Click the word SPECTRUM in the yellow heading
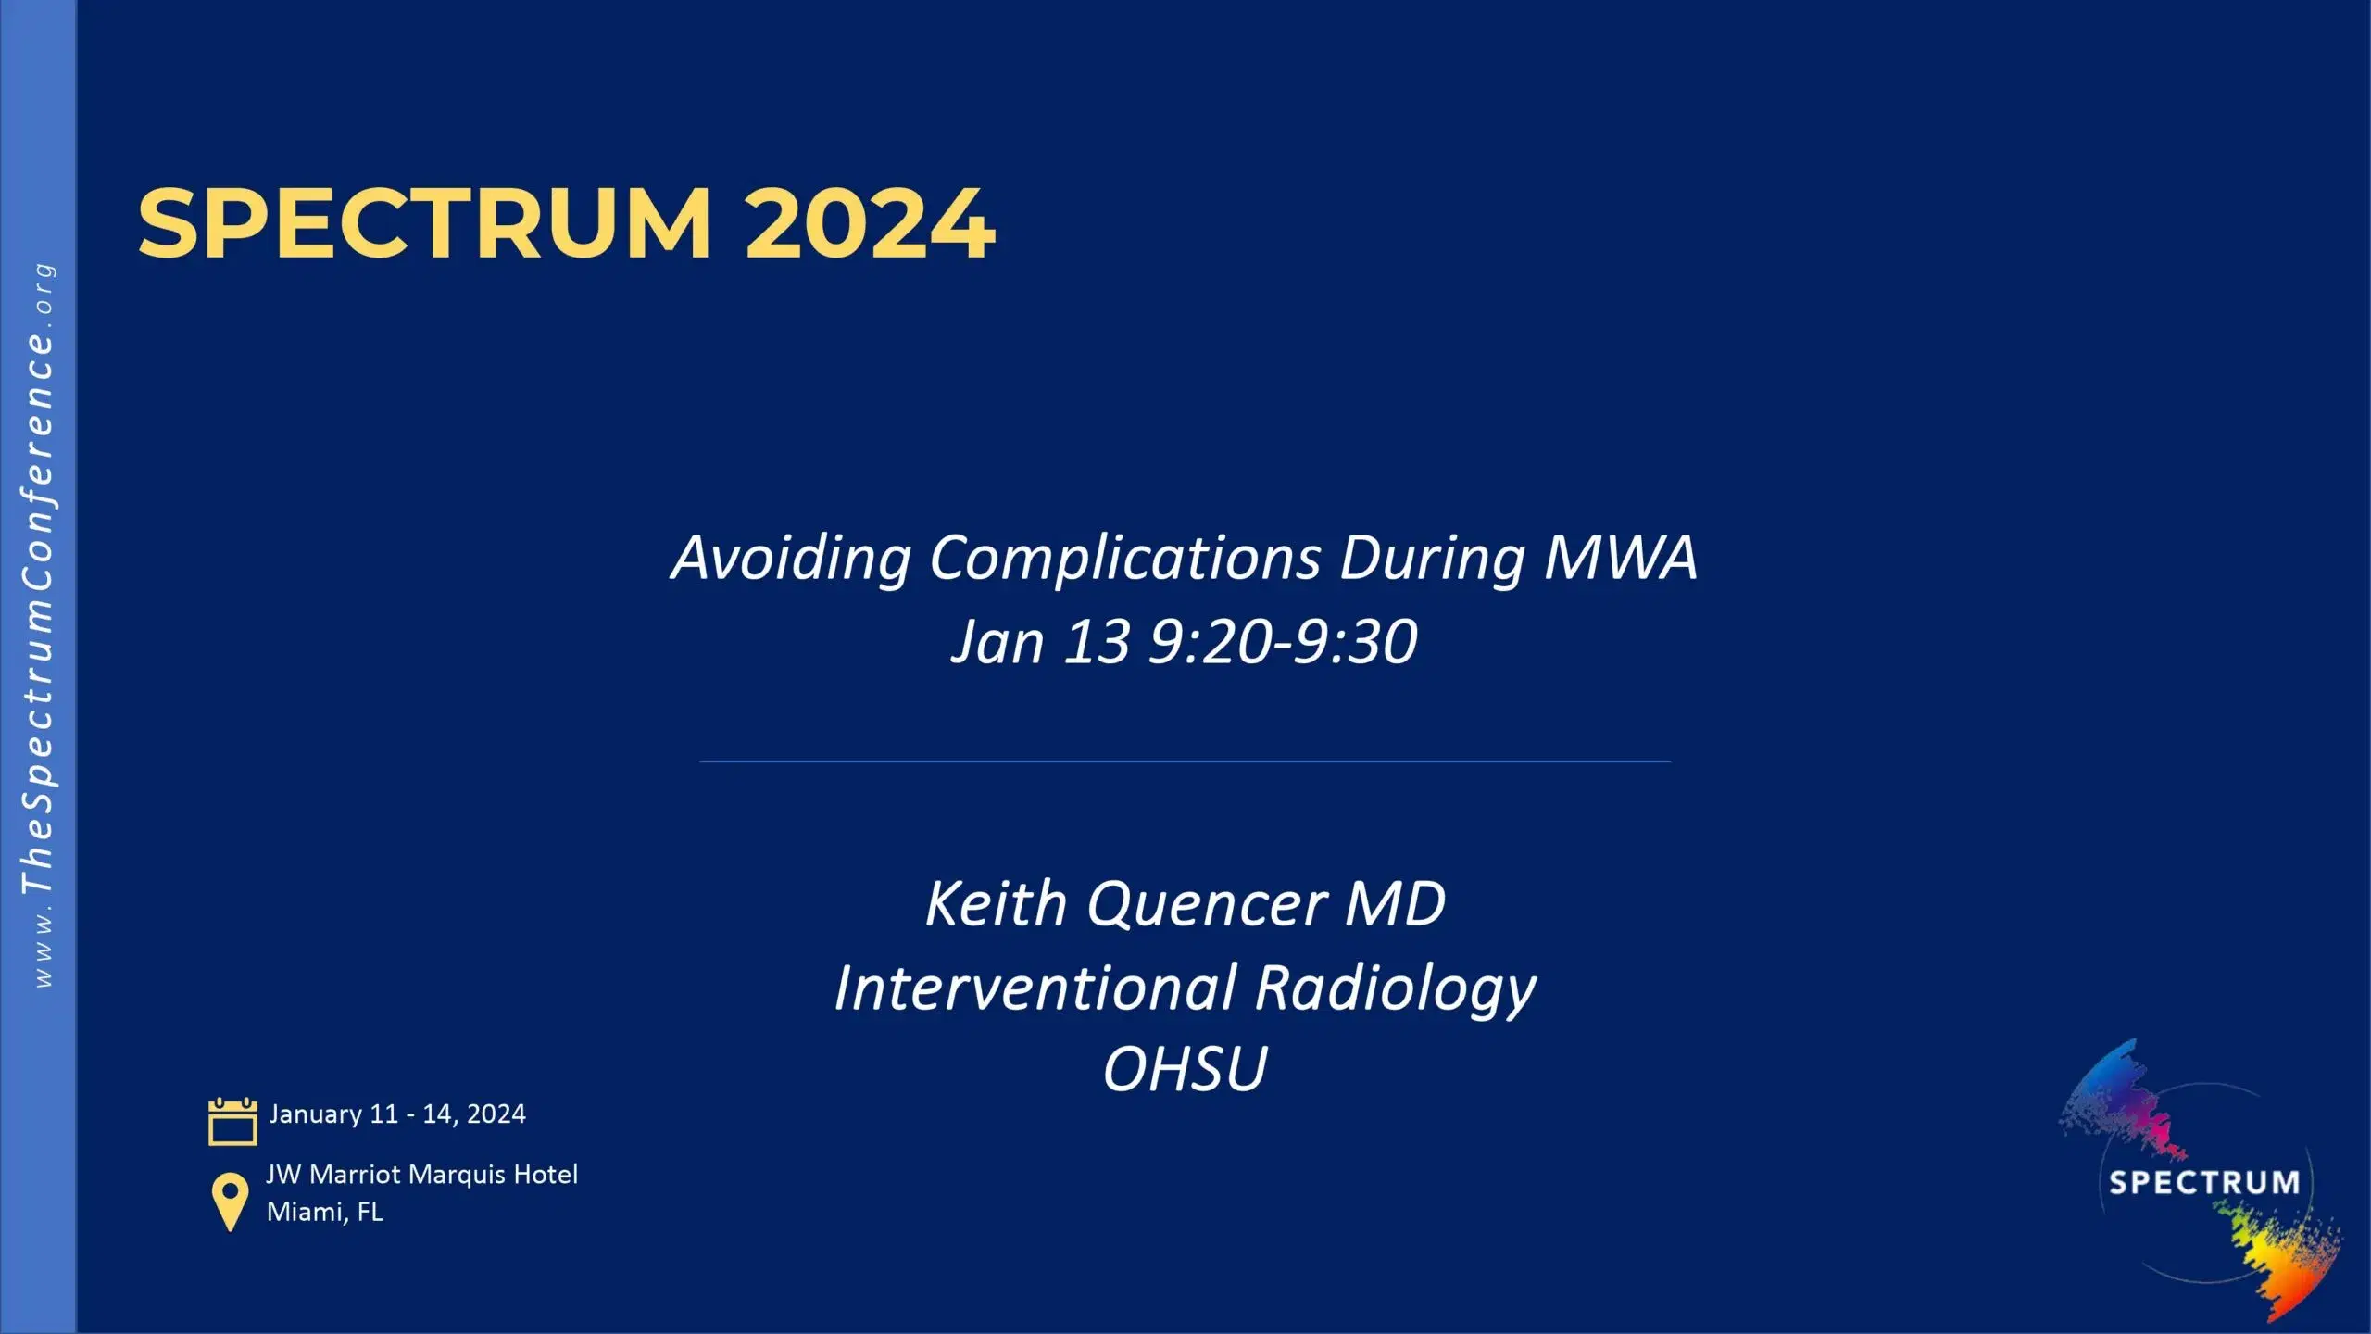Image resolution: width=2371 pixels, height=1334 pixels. pos(424,223)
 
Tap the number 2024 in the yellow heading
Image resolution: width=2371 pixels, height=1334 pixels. pos(870,223)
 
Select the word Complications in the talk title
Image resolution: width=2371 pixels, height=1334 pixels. pos(1124,559)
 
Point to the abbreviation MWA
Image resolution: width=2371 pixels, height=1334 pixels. pos(1621,557)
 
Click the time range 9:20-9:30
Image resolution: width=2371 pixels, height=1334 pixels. pos(1283,641)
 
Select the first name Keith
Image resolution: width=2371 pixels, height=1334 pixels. pos(997,903)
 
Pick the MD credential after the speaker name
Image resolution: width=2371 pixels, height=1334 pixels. pos(1395,903)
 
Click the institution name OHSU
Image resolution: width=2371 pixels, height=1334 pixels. pos(1185,1069)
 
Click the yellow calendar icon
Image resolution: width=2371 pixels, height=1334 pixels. pos(232,1122)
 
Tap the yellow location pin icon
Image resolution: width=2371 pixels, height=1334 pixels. pos(230,1201)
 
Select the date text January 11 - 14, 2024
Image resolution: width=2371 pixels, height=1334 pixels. pos(397,1114)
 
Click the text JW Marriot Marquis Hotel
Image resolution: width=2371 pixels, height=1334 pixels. pos(421,1175)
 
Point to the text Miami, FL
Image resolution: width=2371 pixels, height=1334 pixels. pos(324,1212)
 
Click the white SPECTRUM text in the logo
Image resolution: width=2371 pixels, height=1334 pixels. pos(2203,1182)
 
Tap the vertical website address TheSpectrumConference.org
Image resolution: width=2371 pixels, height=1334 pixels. pos(38,625)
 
